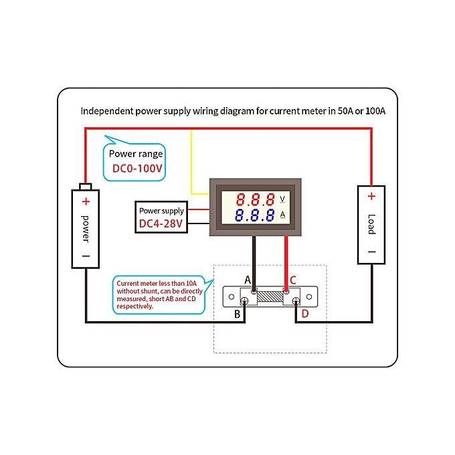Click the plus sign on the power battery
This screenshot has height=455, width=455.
pyautogui.click(x=86, y=201)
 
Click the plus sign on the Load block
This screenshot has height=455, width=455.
pyautogui.click(x=371, y=196)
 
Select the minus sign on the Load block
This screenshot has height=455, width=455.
pyautogui.click(x=371, y=253)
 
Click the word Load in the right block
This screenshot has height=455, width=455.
pyautogui.click(x=371, y=224)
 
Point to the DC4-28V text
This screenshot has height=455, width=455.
pyautogui.click(x=161, y=223)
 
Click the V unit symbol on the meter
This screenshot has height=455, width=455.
pyautogui.click(x=282, y=199)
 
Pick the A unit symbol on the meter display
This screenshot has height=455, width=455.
pyautogui.click(x=282, y=215)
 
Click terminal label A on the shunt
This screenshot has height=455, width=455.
pyautogui.click(x=248, y=279)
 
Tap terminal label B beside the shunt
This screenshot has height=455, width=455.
pyautogui.click(x=236, y=313)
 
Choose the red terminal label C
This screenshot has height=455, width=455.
pyautogui.click(x=293, y=280)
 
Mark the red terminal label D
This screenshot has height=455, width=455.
pyautogui.click(x=305, y=313)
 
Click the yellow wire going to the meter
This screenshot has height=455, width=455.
pyautogui.click(x=193, y=161)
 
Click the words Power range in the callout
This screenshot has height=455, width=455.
pyautogui.click(x=136, y=154)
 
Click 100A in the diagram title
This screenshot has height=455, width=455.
pyautogui.click(x=373, y=111)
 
